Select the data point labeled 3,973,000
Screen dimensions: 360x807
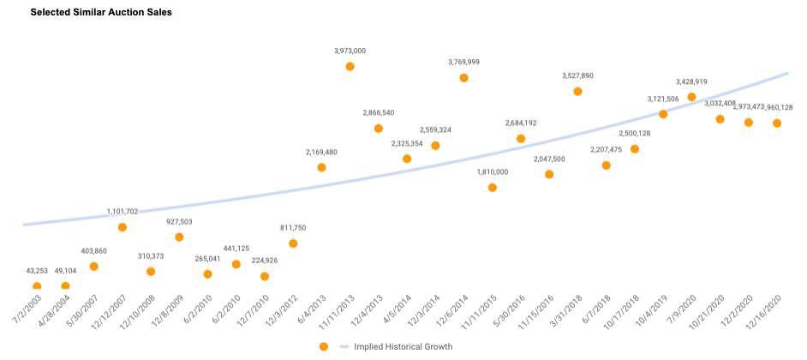[350, 66]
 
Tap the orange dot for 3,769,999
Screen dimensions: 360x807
[463, 77]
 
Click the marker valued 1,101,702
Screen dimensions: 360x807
[123, 227]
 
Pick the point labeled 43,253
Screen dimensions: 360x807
[37, 286]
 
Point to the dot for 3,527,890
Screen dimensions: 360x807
[577, 91]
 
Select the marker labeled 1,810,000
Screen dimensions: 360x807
[492, 187]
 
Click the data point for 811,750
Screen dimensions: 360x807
[293, 243]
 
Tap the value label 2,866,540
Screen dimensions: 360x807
[378, 112]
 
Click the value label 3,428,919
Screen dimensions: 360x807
[691, 81]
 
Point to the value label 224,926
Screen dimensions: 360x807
[264, 261]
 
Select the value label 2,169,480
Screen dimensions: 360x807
[321, 152]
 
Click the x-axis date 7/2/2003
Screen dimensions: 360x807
[26, 310]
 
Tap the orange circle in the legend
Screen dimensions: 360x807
[323, 346]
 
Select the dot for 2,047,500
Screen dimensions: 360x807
[549, 174]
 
